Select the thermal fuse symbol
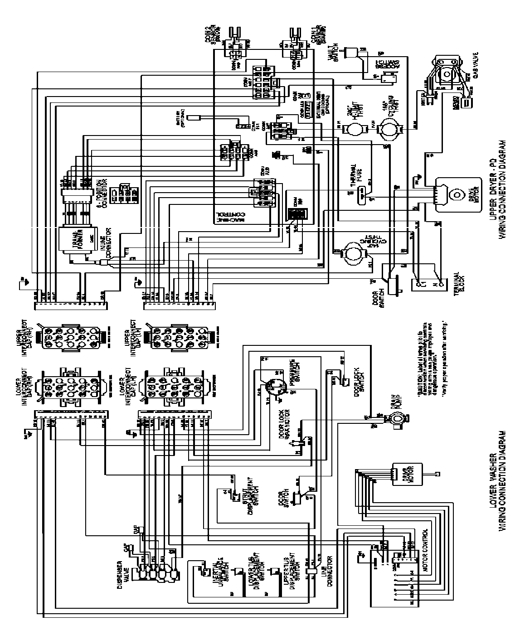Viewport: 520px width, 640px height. [x=362, y=194]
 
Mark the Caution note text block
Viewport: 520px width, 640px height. [x=431, y=345]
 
